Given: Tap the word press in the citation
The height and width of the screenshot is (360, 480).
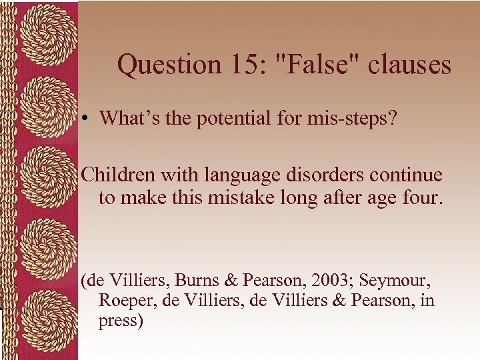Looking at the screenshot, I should tap(121, 321).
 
